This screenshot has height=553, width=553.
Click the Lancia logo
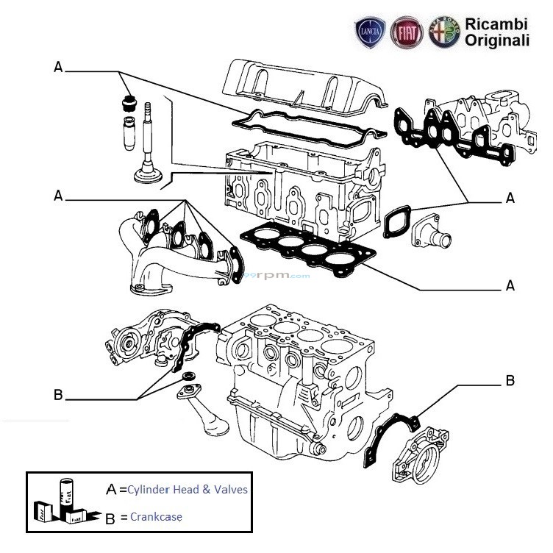pyautogui.click(x=368, y=34)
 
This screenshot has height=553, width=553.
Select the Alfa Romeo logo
pyautogui.click(x=445, y=34)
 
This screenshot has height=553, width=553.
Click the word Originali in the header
pyautogui.click(x=496, y=41)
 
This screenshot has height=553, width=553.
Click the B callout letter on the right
pyautogui.click(x=509, y=381)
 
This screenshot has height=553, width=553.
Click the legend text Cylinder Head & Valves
pyautogui.click(x=187, y=490)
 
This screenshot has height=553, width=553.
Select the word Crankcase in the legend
pyautogui.click(x=156, y=516)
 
